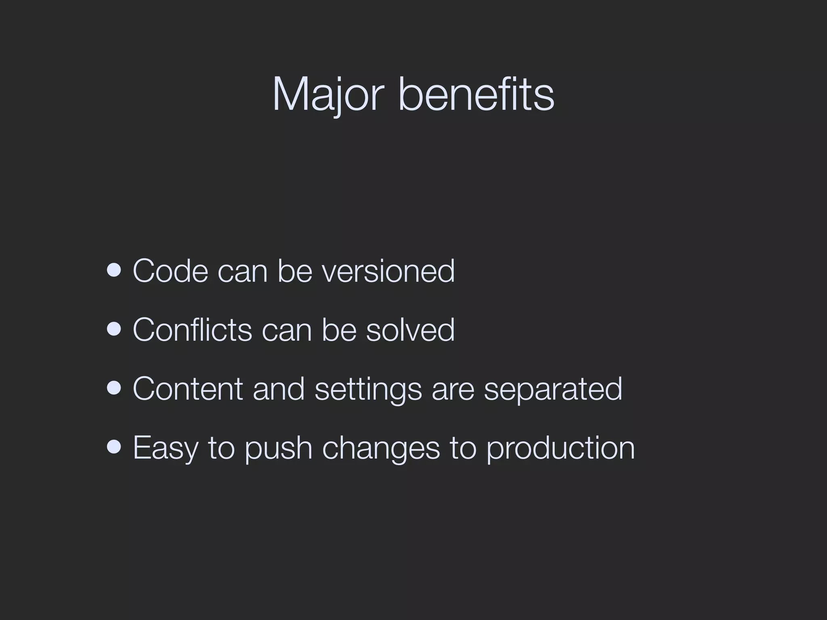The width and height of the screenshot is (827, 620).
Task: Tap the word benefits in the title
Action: [476, 94]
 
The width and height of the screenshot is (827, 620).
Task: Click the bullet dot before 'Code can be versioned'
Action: [114, 270]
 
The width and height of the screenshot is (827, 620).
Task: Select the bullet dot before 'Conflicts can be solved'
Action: [114, 329]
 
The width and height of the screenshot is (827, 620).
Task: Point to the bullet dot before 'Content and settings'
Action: [114, 388]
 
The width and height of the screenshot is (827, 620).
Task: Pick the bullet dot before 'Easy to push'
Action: [114, 447]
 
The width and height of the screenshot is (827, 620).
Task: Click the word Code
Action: [170, 271]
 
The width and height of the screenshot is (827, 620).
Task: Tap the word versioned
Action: [388, 271]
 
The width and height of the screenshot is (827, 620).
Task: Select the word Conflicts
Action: [192, 330]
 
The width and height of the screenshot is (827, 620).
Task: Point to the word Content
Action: [188, 389]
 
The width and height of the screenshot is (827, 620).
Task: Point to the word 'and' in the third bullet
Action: [279, 389]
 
